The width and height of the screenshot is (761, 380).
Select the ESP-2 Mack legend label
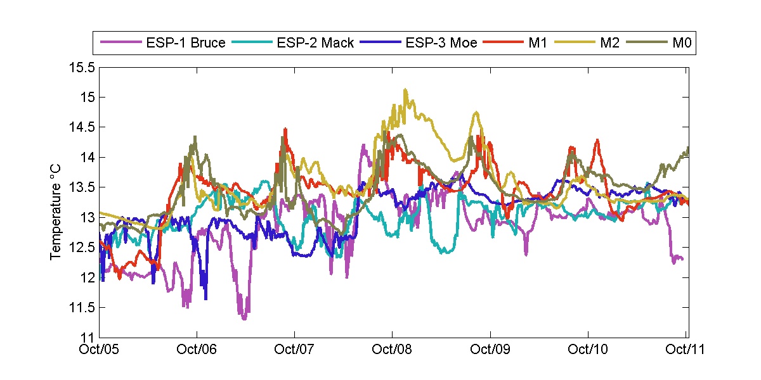315,43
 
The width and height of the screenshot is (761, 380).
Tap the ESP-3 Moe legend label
438,43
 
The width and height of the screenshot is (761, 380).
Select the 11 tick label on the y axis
89,338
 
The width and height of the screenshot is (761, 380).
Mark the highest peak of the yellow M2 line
405,90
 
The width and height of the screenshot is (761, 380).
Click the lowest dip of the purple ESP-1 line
244,319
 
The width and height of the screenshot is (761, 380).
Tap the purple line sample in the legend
120,43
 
